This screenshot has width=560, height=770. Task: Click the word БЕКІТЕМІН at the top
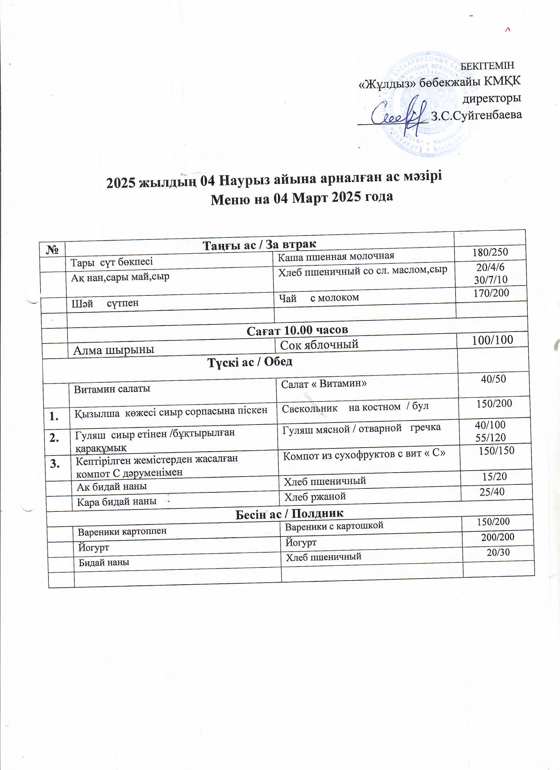(x=489, y=66)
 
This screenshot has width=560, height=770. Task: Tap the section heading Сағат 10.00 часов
(x=297, y=330)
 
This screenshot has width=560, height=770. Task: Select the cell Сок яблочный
(x=319, y=344)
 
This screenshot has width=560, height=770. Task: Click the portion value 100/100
(x=492, y=340)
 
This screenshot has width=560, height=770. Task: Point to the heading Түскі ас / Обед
(x=250, y=362)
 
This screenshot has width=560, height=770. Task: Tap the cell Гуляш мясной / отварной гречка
(x=361, y=428)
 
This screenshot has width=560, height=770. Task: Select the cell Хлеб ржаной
(x=315, y=497)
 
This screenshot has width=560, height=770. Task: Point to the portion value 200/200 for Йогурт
(x=497, y=537)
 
